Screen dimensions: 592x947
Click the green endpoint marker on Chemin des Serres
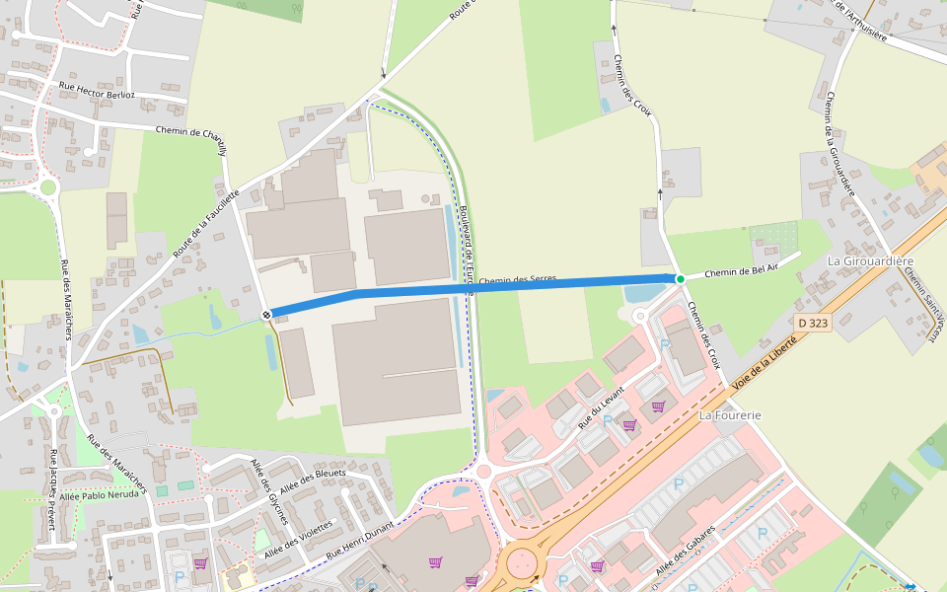click(680, 279)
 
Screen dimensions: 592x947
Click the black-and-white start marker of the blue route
click(267, 314)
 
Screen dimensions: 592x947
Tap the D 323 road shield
click(813, 323)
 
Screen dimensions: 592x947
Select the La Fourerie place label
click(730, 415)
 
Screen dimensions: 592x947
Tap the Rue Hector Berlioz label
click(97, 90)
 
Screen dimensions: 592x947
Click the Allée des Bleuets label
click(313, 481)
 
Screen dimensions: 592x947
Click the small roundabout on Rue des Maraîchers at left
click(47, 186)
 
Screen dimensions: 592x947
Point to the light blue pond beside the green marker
click(647, 293)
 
